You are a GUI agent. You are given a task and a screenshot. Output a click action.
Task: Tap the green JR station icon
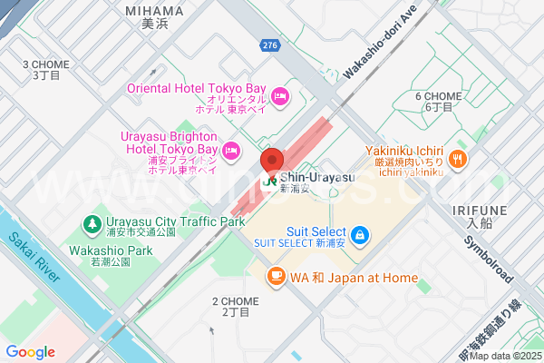point(269,181)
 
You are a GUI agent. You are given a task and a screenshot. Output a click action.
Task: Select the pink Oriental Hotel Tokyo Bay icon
point(279,94)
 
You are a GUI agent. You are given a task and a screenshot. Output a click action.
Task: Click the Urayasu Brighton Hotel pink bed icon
point(231,149)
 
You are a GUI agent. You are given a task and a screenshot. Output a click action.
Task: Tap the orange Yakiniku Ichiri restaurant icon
point(458,159)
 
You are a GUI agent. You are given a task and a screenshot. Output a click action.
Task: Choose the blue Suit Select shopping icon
point(361,236)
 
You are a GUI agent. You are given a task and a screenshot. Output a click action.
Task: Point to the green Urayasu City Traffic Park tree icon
point(92,222)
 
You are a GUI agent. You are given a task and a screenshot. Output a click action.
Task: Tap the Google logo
point(30,352)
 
